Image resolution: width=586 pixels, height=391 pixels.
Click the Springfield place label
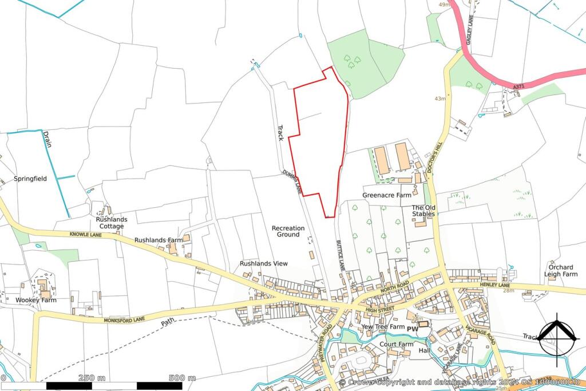[x=30, y=179]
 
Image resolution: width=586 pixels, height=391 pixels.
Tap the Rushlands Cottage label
[x=112, y=223]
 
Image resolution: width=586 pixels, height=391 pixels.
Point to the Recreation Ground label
[x=288, y=231]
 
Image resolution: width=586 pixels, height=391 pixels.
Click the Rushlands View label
[x=263, y=263]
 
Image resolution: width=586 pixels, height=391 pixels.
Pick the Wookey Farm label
[x=36, y=300]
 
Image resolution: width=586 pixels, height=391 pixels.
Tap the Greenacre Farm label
[x=387, y=195]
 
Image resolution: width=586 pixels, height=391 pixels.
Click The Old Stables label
[x=424, y=211]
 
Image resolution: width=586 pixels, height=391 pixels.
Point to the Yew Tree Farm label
[x=383, y=327]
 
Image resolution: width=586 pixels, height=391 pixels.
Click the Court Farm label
[x=396, y=344]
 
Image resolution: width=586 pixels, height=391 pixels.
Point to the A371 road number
[x=519, y=86]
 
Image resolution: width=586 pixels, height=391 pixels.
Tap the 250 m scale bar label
[x=92, y=378]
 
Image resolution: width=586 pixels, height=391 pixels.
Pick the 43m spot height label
[x=439, y=98]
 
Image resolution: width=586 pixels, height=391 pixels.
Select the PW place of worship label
[x=412, y=328]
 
